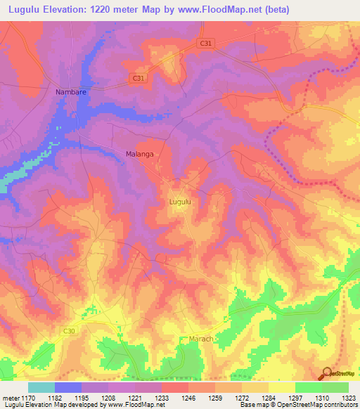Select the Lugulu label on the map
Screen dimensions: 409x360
(x=180, y=202)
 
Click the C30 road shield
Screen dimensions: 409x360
(x=68, y=330)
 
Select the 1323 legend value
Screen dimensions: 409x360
(x=349, y=397)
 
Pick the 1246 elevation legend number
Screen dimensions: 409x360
(x=189, y=397)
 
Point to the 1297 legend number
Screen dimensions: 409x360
(x=295, y=397)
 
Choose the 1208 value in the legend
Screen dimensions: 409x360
(x=109, y=397)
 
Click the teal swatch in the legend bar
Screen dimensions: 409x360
(x=41, y=387)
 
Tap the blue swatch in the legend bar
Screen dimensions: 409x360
(x=68, y=387)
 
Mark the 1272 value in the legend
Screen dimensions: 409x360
(x=243, y=397)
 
